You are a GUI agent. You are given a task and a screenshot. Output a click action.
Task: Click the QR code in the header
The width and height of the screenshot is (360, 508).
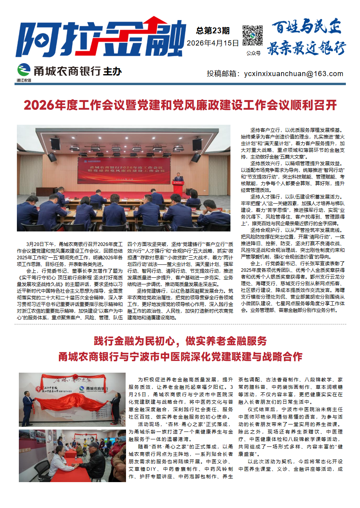click(x=252, y=36)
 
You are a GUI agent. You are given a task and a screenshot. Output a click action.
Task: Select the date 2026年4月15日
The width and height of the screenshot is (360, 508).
click(x=213, y=43)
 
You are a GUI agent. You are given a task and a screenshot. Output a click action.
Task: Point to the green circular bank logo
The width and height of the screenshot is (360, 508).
click(x=24, y=70)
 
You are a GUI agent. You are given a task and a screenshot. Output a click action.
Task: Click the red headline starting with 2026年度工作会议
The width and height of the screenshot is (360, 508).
click(x=180, y=105)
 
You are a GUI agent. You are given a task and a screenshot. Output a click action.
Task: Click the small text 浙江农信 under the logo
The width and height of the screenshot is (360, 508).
click(x=24, y=80)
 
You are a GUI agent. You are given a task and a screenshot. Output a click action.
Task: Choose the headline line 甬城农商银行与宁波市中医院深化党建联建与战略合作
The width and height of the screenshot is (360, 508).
click(x=180, y=357)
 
